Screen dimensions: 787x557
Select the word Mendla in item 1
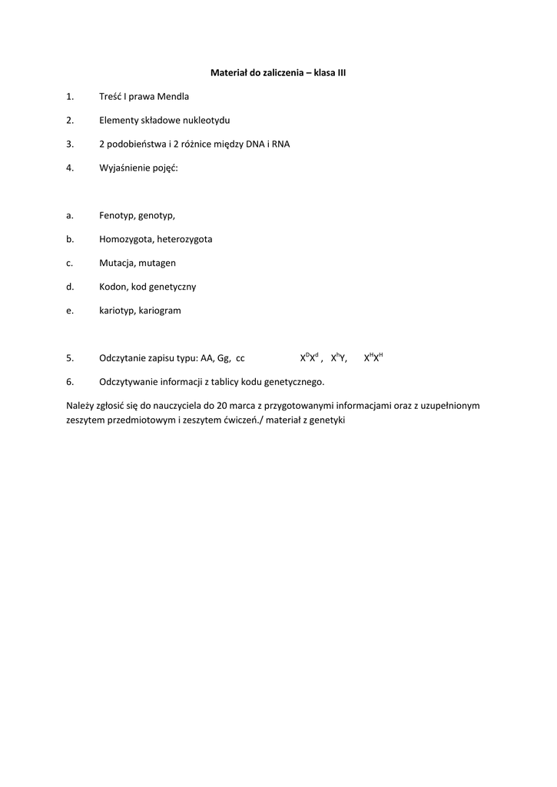174,96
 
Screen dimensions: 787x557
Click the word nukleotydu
205,120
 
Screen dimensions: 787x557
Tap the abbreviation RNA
281,144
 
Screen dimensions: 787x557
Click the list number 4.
69,168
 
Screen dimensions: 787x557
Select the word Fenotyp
116,216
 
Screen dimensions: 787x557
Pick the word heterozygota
184,239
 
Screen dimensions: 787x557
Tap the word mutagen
157,263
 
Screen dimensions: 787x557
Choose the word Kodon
113,287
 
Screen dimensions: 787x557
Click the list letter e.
68,310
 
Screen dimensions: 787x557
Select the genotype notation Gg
224,358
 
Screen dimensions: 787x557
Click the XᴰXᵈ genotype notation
309,357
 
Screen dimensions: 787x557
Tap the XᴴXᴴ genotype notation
373,357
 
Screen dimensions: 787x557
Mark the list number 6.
69,382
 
